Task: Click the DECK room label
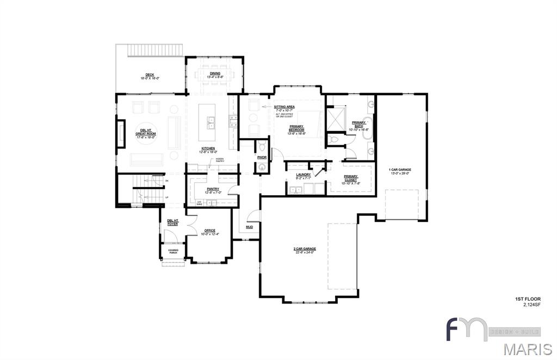150,75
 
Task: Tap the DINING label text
215,73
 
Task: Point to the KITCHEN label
208,148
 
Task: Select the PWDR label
262,157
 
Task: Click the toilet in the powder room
262,146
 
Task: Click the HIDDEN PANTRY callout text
220,160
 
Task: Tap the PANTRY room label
213,189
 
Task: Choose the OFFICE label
210,231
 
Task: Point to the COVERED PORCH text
173,251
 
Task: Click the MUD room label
249,227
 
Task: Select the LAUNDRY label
304,175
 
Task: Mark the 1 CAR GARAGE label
400,170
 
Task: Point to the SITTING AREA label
284,107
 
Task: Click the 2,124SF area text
528,305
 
